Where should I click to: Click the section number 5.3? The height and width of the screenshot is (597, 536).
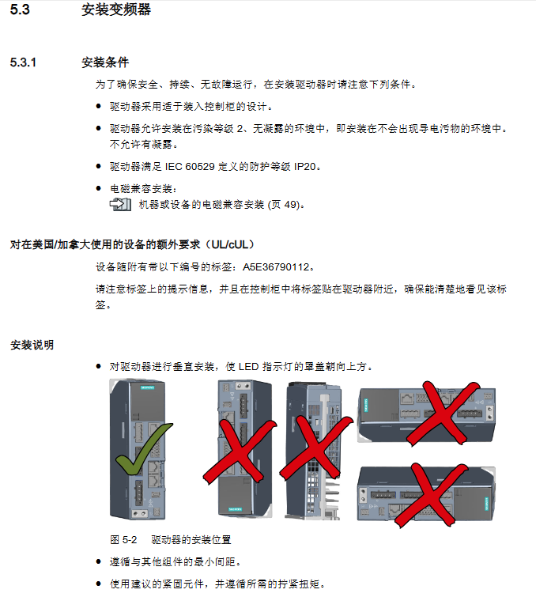(x=20, y=9)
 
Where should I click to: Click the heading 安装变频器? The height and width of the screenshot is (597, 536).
(x=116, y=9)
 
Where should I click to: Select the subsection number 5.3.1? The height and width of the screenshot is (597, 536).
(x=23, y=62)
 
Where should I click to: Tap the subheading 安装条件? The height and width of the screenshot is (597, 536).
(x=105, y=62)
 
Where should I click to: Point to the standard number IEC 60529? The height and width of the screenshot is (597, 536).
(x=190, y=166)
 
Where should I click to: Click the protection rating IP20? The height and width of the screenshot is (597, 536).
(x=305, y=166)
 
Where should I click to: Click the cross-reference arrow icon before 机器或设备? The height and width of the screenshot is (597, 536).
(x=120, y=205)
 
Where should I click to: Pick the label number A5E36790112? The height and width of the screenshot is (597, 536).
(x=276, y=267)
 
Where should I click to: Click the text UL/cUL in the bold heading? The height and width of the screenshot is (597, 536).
(x=232, y=244)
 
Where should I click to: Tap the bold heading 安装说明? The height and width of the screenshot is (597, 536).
(x=32, y=345)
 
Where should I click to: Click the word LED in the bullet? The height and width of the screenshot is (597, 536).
(x=248, y=367)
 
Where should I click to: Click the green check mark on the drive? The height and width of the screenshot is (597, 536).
(x=144, y=449)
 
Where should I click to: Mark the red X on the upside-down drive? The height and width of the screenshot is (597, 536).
(x=240, y=452)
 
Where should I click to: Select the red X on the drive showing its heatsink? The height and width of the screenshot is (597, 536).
(x=317, y=447)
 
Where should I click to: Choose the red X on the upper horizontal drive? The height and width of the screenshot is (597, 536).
(x=442, y=413)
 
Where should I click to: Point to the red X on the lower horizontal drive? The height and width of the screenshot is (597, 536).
(x=432, y=495)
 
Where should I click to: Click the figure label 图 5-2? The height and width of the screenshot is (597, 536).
(x=123, y=540)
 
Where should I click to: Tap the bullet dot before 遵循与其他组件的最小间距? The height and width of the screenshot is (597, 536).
(x=99, y=561)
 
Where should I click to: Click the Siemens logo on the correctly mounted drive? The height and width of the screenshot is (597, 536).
(x=147, y=387)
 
